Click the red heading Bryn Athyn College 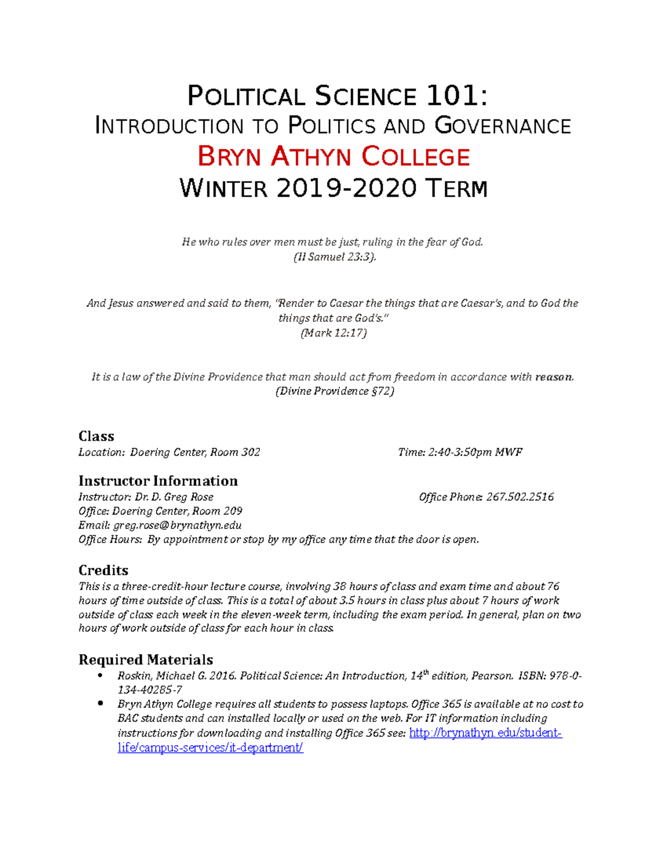click(x=333, y=157)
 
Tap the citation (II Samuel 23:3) click(x=334, y=257)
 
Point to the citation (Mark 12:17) click(x=333, y=333)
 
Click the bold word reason click(x=554, y=377)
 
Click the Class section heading click(x=96, y=436)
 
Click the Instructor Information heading click(x=158, y=481)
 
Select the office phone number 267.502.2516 click(x=520, y=497)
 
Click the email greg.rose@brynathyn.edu click(x=177, y=525)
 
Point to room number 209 click(x=232, y=511)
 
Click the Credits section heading click(x=103, y=570)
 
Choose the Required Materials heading click(x=146, y=660)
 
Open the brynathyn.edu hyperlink click(x=485, y=733)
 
